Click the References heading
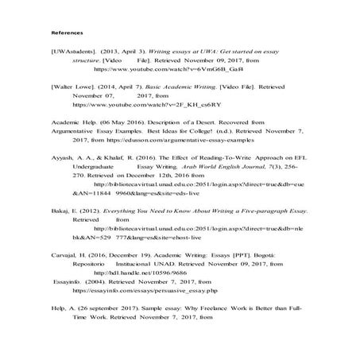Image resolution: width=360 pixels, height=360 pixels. pos(66,33)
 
